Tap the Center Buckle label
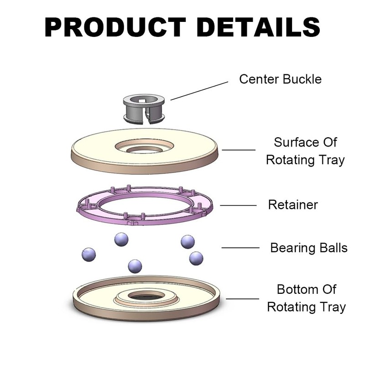tap(280, 79)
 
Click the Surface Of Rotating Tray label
tap(305, 151)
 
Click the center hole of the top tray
tap(144, 149)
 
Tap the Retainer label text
tap(292, 204)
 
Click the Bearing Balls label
tap(309, 248)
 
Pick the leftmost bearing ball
tap(89, 254)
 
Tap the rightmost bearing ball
tap(196, 258)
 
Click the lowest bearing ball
tap(135, 266)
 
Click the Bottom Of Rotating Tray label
tap(306, 298)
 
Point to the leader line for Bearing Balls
tap(240, 248)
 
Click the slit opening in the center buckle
tap(146, 117)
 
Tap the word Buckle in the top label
tap(302, 79)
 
